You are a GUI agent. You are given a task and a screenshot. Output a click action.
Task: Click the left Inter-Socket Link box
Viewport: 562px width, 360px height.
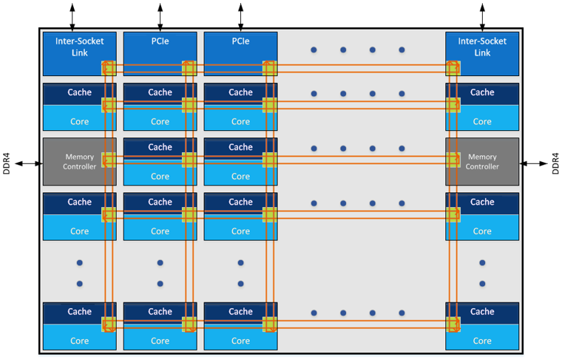[x=74, y=47]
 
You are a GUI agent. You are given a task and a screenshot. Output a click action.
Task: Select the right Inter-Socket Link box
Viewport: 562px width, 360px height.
[x=482, y=47]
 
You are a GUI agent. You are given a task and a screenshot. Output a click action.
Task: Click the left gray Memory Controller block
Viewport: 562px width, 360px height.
[x=74, y=162]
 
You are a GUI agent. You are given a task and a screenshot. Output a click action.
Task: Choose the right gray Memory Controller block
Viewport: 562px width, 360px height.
[x=482, y=162]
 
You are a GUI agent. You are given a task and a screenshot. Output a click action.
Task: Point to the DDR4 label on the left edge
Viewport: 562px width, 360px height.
[x=7, y=163]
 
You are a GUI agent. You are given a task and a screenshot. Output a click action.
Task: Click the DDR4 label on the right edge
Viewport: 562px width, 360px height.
[x=555, y=163]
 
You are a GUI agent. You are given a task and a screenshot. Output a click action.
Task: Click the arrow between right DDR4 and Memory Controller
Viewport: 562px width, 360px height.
[x=534, y=163]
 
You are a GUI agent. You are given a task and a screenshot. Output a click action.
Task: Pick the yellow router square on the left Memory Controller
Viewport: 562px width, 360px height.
[x=109, y=160]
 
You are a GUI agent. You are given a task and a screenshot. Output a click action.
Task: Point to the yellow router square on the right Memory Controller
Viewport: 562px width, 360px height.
[x=453, y=160]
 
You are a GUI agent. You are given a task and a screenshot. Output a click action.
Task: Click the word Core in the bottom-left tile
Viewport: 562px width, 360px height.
[x=80, y=341]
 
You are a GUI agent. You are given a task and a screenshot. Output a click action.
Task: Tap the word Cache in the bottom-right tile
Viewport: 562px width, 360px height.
[x=482, y=311]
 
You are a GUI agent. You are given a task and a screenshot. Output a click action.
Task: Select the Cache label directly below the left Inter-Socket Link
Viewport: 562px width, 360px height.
[x=80, y=92]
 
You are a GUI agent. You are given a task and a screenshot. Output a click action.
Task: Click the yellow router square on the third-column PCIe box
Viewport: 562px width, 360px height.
[x=270, y=68]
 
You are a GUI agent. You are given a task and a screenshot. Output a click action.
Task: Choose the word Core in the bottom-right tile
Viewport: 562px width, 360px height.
[x=482, y=341]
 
